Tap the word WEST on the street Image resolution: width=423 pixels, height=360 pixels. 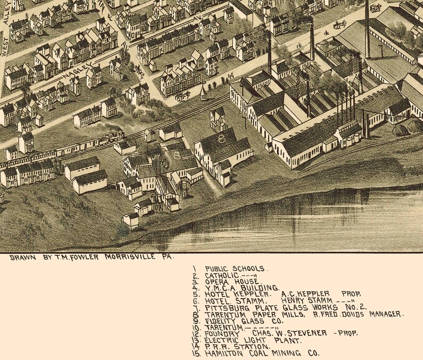[x=6, y=46]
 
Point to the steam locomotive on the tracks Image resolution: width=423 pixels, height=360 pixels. [x=113, y=138]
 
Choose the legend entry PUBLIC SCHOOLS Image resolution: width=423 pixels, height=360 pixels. [x=237, y=269]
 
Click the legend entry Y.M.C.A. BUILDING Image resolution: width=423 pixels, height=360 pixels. [x=242, y=288]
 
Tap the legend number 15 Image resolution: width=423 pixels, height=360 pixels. [x=195, y=353]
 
